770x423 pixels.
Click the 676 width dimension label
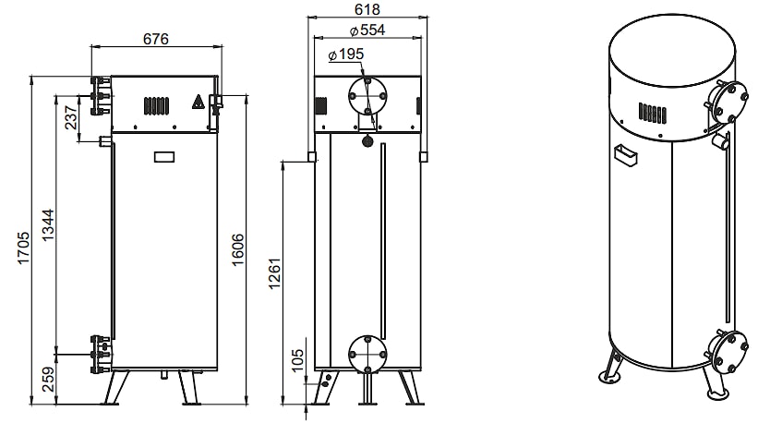pyautogui.click(x=156, y=38)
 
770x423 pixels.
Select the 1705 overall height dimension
pyautogui.click(x=24, y=248)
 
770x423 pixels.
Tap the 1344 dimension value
pyautogui.click(x=48, y=225)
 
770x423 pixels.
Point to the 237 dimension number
pyautogui.click(x=71, y=117)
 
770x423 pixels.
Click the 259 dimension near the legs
pyautogui.click(x=48, y=379)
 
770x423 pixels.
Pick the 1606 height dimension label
pyautogui.click(x=237, y=249)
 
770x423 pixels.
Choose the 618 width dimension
pyautogui.click(x=367, y=9)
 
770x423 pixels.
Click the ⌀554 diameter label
pyautogui.click(x=367, y=30)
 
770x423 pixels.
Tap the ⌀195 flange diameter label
pyautogui.click(x=345, y=54)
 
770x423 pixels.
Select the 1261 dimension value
pyautogui.click(x=275, y=272)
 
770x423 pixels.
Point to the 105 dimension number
pyautogui.click(x=298, y=360)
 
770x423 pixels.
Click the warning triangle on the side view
pyautogui.click(x=198, y=102)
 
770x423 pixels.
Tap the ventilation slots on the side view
pyautogui.click(x=156, y=105)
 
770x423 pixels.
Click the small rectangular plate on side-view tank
pyautogui.click(x=164, y=157)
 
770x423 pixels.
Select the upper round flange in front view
pyautogui.click(x=367, y=95)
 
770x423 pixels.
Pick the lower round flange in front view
pyautogui.click(x=367, y=354)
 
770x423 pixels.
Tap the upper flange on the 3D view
pyautogui.click(x=729, y=101)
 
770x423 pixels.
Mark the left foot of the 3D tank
pyautogui.click(x=610, y=376)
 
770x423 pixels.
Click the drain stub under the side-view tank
pyautogui.click(x=164, y=375)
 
